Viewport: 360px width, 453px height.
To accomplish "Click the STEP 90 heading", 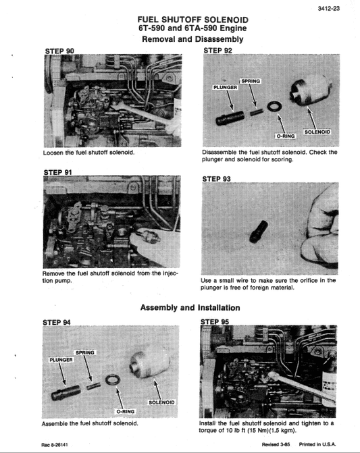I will tap(59, 51).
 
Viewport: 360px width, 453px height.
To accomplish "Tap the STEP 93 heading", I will tap(217, 179).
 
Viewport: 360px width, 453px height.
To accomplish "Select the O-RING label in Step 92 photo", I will tap(287, 136).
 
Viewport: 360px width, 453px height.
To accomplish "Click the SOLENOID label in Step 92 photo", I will tap(321, 131).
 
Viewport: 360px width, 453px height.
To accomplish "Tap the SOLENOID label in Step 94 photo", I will tap(161, 402).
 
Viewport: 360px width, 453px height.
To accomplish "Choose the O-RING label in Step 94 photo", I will tap(126, 410).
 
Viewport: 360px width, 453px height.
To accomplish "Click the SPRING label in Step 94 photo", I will tap(85, 352).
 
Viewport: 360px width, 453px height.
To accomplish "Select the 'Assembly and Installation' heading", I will tap(190, 308).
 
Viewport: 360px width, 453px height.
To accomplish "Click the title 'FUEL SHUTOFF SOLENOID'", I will tap(192, 20).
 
